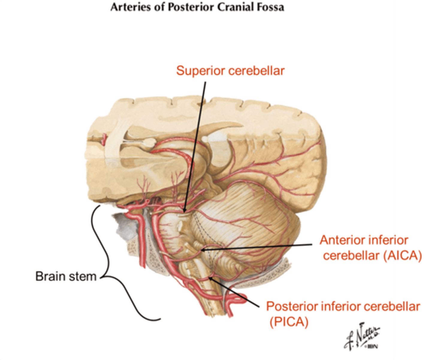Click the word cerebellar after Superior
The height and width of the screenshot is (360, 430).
click(256, 71)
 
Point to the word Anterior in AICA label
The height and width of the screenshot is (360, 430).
click(338, 240)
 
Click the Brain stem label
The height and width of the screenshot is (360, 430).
click(66, 276)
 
